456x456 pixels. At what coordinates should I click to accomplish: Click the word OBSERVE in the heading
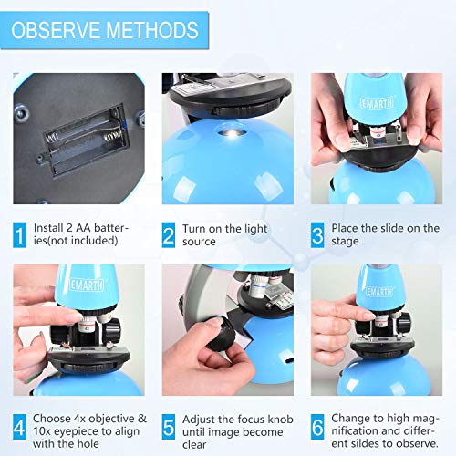coord(56,30)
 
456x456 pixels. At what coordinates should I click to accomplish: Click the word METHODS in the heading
coord(152,30)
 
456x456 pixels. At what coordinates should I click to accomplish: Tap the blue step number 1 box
coord(19,234)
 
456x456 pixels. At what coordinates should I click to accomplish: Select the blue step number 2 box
coord(169,234)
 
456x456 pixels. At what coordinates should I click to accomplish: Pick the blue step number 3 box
coord(317,234)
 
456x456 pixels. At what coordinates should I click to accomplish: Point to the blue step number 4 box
coord(19,427)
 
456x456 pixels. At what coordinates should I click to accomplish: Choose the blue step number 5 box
coord(169,427)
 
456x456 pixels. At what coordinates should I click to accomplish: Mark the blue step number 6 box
coord(317,427)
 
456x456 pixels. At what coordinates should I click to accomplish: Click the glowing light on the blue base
coord(233,133)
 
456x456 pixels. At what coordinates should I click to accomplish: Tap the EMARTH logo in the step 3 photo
coord(377,103)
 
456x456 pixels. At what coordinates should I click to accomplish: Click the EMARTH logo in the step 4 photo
coord(87,285)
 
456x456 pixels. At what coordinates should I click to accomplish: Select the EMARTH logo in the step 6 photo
coord(379,291)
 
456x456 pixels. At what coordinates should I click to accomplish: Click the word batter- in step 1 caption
coord(111,228)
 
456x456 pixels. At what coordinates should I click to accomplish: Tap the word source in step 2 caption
coord(199,242)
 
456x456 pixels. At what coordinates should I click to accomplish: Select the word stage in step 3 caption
coord(345,242)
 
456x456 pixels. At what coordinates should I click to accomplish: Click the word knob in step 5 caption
coord(281,420)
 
